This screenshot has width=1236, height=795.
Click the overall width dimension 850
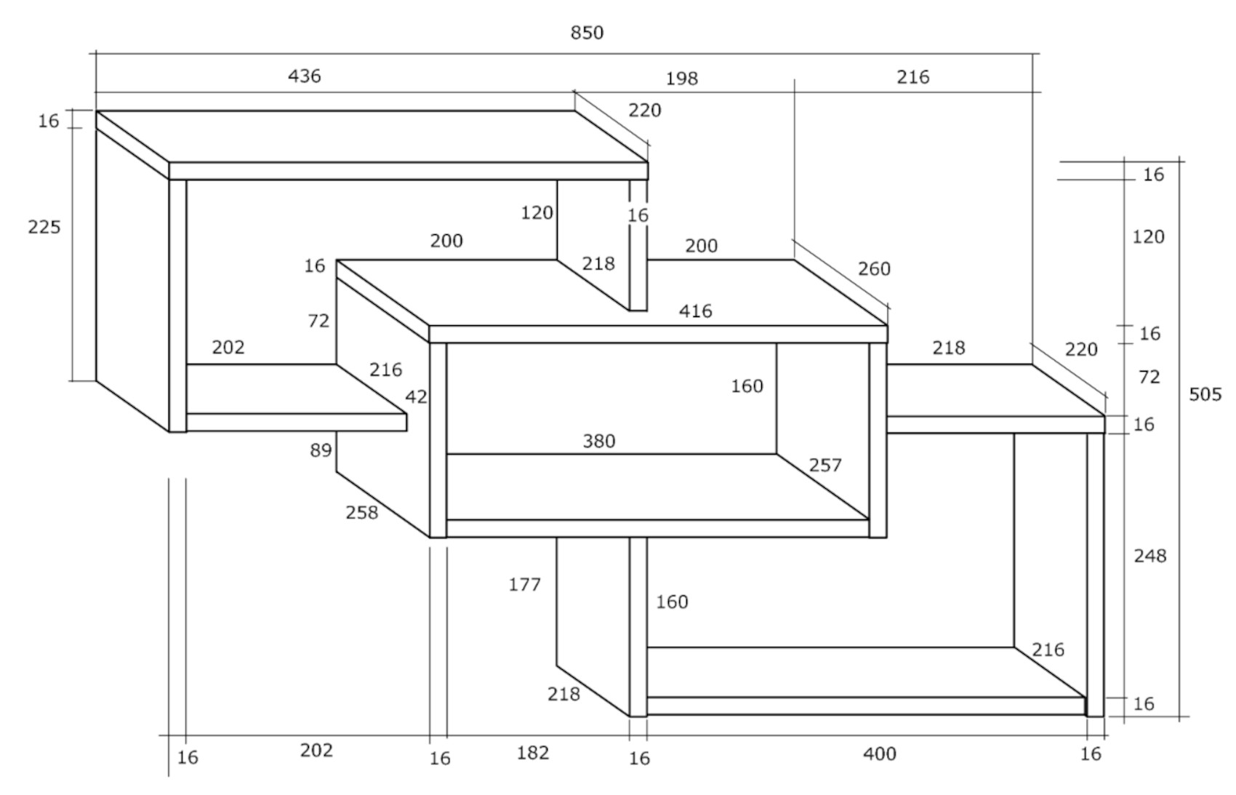[587, 33]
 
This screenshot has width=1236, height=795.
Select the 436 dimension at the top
[304, 76]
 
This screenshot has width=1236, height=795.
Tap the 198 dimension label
[681, 79]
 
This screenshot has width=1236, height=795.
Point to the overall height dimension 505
[1205, 394]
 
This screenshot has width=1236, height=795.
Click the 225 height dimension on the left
[44, 227]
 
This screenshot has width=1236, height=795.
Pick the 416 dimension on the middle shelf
[695, 311]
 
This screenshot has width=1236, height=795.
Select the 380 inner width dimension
[599, 441]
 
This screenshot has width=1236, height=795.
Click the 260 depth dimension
[873, 269]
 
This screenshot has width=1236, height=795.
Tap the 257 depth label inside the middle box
[824, 465]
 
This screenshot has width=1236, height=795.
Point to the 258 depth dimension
[361, 513]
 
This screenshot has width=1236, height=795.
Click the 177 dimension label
[524, 584]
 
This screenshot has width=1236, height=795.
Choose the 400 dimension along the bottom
[880, 754]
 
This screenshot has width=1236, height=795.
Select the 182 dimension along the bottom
[532, 753]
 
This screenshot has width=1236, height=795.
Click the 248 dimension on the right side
[1149, 556]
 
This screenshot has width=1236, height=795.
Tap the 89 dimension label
[321, 450]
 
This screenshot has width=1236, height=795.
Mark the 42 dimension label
[416, 397]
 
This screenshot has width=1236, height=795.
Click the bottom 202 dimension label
[316, 750]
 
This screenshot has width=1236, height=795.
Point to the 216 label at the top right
[912, 77]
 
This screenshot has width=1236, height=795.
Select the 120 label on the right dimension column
[1148, 236]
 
